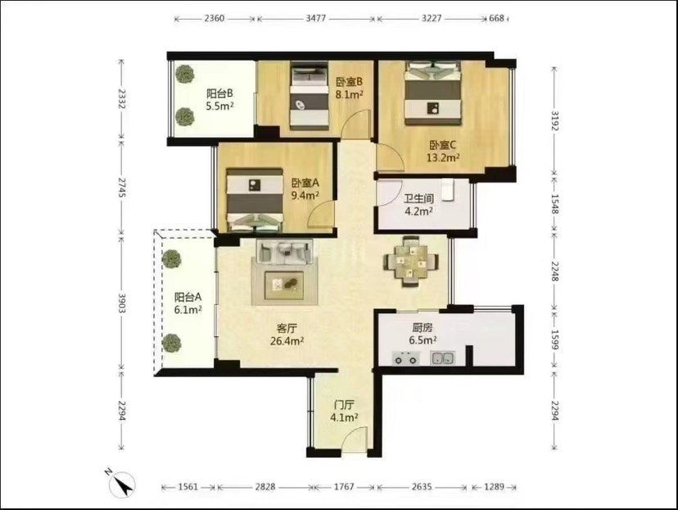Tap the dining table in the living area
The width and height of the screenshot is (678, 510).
(x=411, y=261)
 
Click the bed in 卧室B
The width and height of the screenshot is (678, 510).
(x=309, y=96)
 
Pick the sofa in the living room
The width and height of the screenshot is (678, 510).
(x=284, y=252)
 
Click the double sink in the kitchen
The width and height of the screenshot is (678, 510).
(x=442, y=358)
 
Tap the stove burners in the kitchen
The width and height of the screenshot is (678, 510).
(x=405, y=358)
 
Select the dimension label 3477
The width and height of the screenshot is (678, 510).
(x=315, y=19)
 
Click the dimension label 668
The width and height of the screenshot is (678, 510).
(x=496, y=18)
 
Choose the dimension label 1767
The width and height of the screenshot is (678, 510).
(x=343, y=486)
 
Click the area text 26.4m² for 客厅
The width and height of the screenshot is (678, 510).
(x=287, y=341)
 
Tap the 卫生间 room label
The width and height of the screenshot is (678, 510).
(x=418, y=198)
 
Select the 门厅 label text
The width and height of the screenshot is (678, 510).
(x=344, y=405)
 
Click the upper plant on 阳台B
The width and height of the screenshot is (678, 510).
(x=184, y=74)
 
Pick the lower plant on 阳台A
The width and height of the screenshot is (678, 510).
(x=172, y=343)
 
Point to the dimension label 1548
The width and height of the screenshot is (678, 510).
(x=555, y=203)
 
